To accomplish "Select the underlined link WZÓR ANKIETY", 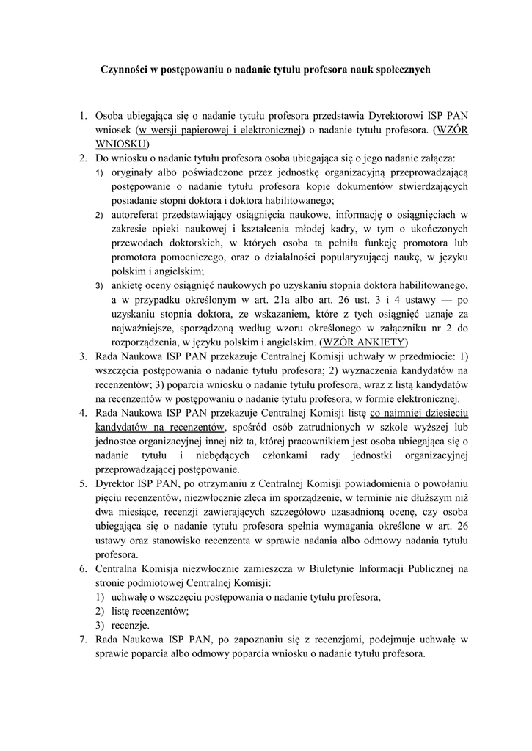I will [363, 342].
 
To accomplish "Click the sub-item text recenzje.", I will [131, 625].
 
